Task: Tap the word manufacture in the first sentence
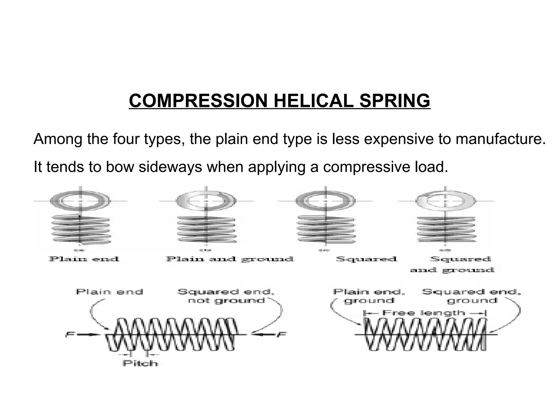coord(498,139)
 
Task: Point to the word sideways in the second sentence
coord(170,167)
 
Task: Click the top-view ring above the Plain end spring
coord(80,201)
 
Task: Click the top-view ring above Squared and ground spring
coord(445,201)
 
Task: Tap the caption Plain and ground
coord(230,259)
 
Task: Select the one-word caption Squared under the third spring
coord(366,259)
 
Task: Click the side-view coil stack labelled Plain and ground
coord(206,229)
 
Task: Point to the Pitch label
coord(140,363)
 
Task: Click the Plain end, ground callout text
coord(369,296)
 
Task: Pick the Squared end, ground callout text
coord(471,296)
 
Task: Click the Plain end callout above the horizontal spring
coord(109,292)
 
